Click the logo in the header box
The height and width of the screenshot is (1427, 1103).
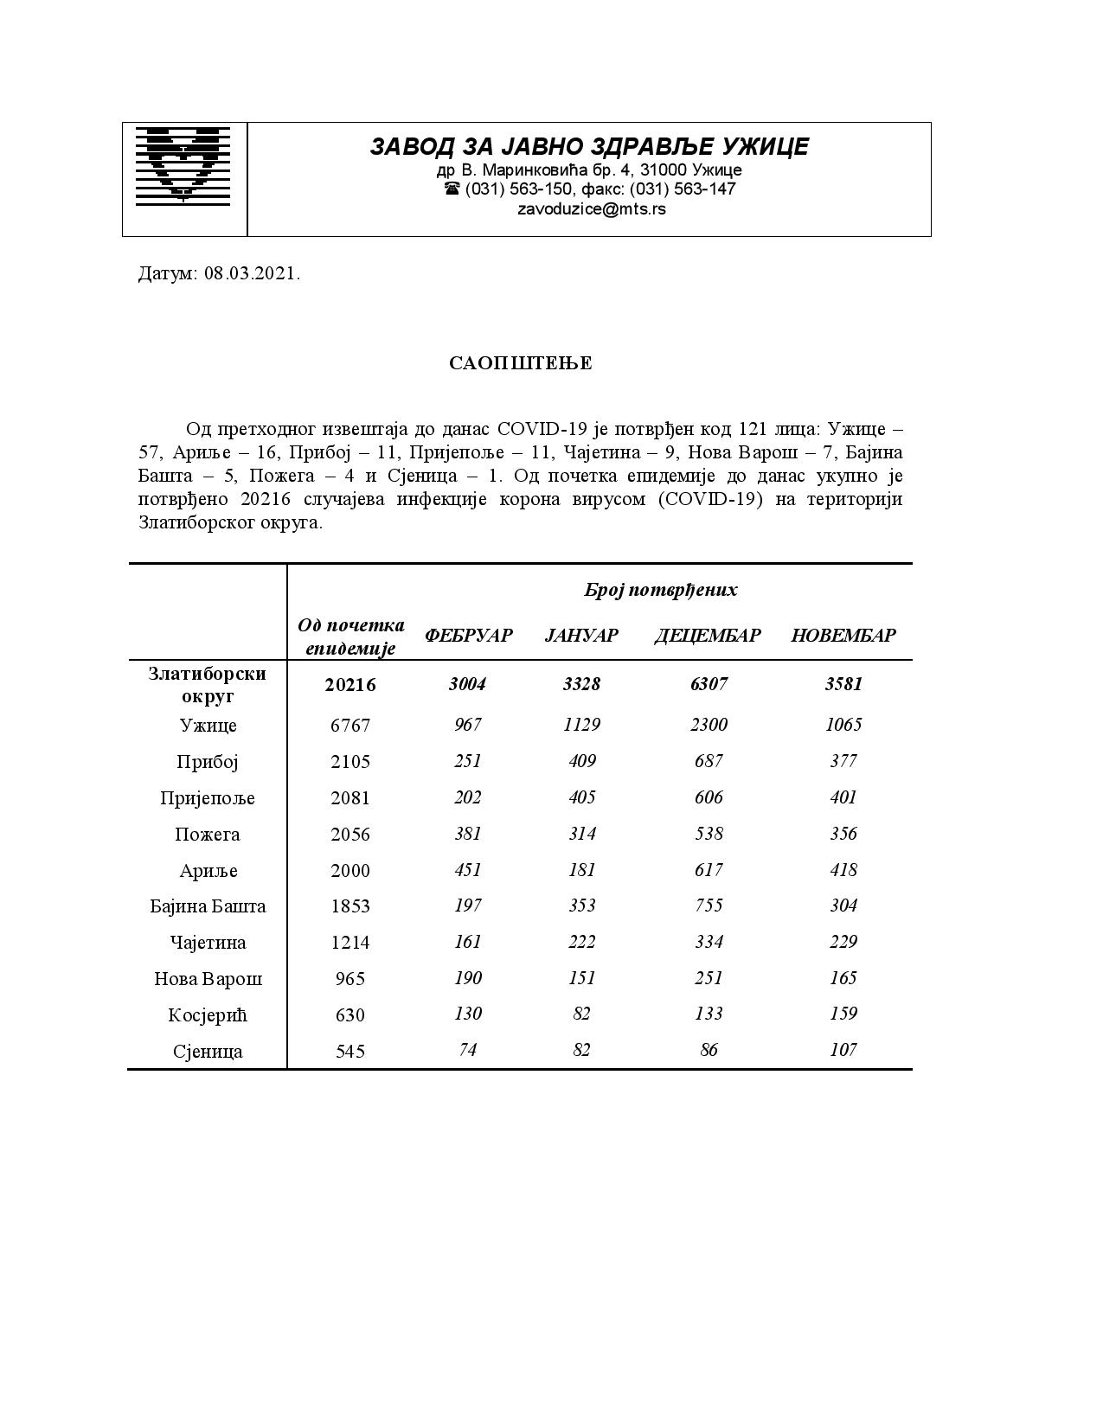pos(183,166)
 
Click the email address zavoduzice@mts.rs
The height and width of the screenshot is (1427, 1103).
pos(592,208)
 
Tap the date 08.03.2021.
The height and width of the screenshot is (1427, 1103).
pos(252,274)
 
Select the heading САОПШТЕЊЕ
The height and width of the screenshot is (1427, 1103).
pos(521,363)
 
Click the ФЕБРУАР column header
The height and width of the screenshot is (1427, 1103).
pos(468,636)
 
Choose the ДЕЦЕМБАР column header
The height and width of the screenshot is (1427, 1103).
pos(708,636)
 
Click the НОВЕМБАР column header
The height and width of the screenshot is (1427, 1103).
pos(843,636)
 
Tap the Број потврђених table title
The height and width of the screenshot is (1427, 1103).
pos(661,590)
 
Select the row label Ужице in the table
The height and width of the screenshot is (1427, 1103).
pos(208,726)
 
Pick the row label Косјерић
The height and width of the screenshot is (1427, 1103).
pos(208,1015)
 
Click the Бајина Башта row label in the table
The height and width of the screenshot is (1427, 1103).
pos(208,906)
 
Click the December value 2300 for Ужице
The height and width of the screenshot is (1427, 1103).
pos(709,725)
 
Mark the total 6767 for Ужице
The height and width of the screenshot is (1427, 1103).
pos(350,726)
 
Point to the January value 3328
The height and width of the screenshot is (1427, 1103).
pos(581,684)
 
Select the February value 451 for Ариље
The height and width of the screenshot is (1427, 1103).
pos(468,870)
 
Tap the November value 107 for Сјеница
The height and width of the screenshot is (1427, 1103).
pos(843,1050)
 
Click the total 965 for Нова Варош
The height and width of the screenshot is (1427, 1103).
pos(350,979)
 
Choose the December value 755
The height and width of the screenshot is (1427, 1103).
pos(709,905)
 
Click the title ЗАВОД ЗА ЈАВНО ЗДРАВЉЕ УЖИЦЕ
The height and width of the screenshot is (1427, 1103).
pos(589,146)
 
